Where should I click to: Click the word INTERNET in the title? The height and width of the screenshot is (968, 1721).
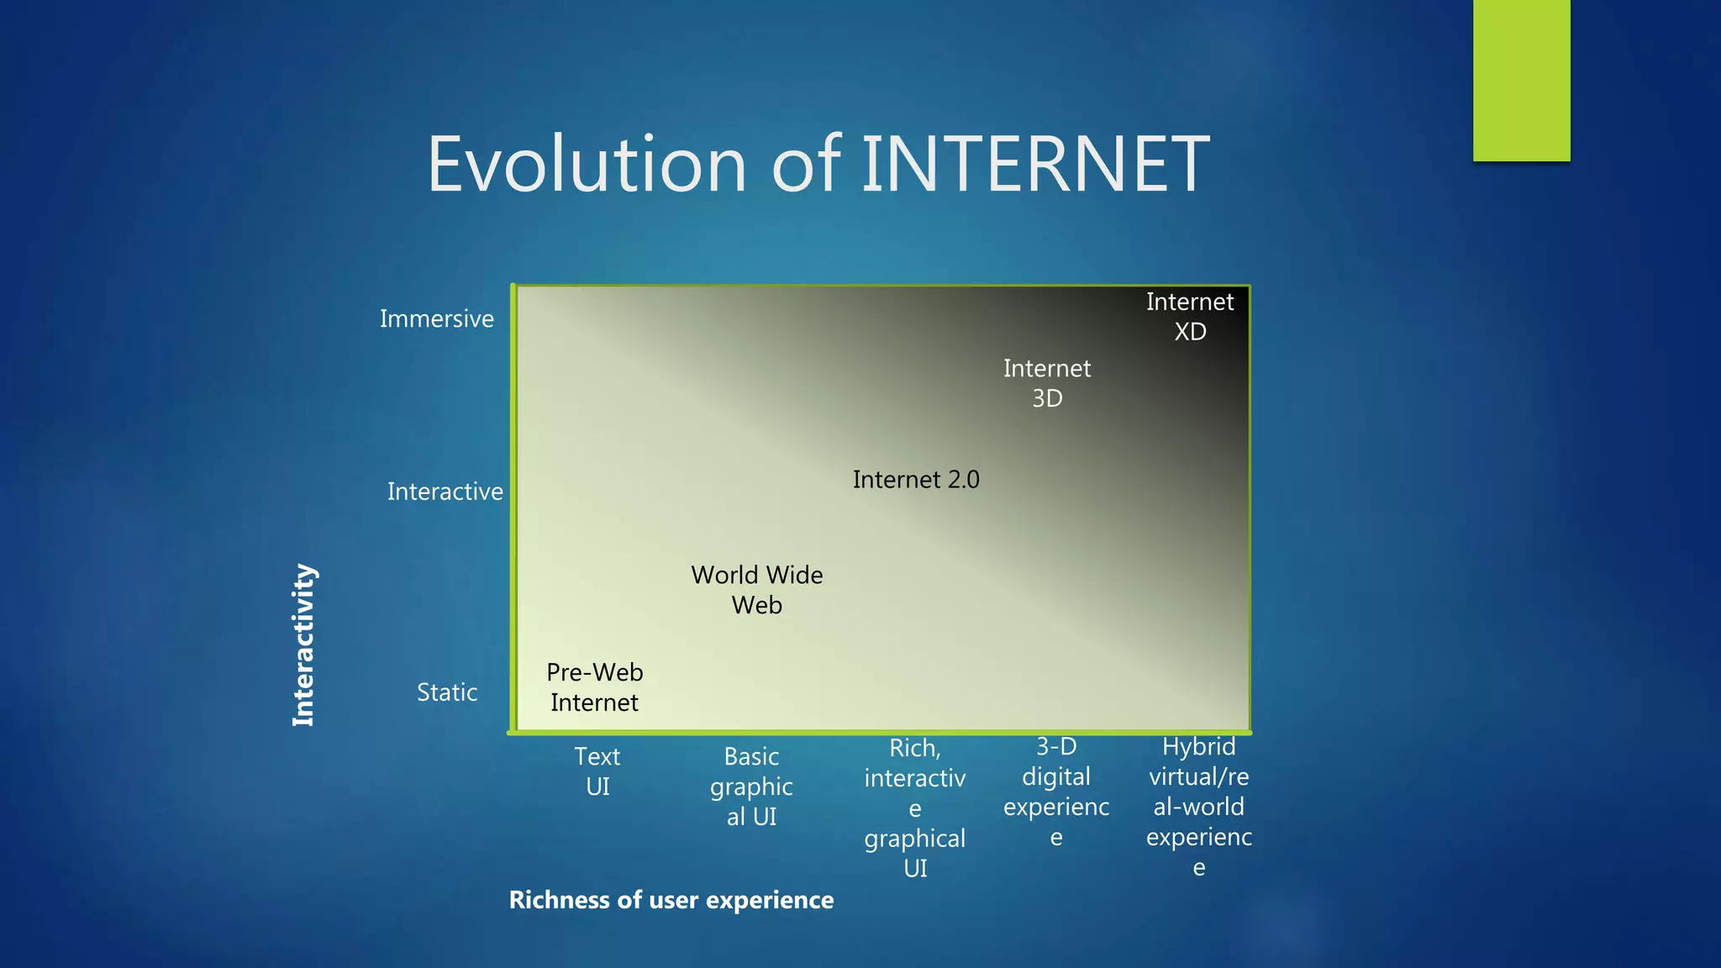(x=1035, y=164)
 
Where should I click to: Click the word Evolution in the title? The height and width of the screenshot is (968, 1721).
(x=587, y=164)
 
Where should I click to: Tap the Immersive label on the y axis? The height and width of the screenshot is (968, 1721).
(x=436, y=319)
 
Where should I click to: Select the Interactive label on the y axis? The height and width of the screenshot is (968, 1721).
(x=445, y=492)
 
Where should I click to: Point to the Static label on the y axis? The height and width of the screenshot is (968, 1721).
(x=447, y=692)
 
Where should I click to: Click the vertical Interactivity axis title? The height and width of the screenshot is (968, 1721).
(x=303, y=644)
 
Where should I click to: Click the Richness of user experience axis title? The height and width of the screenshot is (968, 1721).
(x=671, y=900)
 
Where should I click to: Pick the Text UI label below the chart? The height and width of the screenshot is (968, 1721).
(x=597, y=771)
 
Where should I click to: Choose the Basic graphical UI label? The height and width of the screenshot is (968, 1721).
(x=751, y=786)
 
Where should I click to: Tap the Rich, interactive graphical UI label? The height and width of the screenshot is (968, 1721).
(x=915, y=808)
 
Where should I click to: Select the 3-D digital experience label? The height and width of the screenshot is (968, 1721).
(x=1056, y=792)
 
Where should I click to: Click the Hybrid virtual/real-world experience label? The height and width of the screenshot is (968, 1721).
(x=1198, y=807)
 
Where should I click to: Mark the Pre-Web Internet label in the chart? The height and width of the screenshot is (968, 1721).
(x=594, y=687)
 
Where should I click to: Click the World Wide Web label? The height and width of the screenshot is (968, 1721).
(x=756, y=590)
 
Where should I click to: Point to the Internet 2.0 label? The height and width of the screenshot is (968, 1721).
(x=916, y=480)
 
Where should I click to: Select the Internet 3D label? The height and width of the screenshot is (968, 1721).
(x=1047, y=383)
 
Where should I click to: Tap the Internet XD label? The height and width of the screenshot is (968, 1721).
(x=1190, y=317)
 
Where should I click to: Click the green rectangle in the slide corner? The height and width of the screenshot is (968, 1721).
(x=1521, y=80)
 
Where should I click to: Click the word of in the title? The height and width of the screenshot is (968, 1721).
(x=806, y=164)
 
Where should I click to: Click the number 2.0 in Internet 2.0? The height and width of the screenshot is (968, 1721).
(x=963, y=480)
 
